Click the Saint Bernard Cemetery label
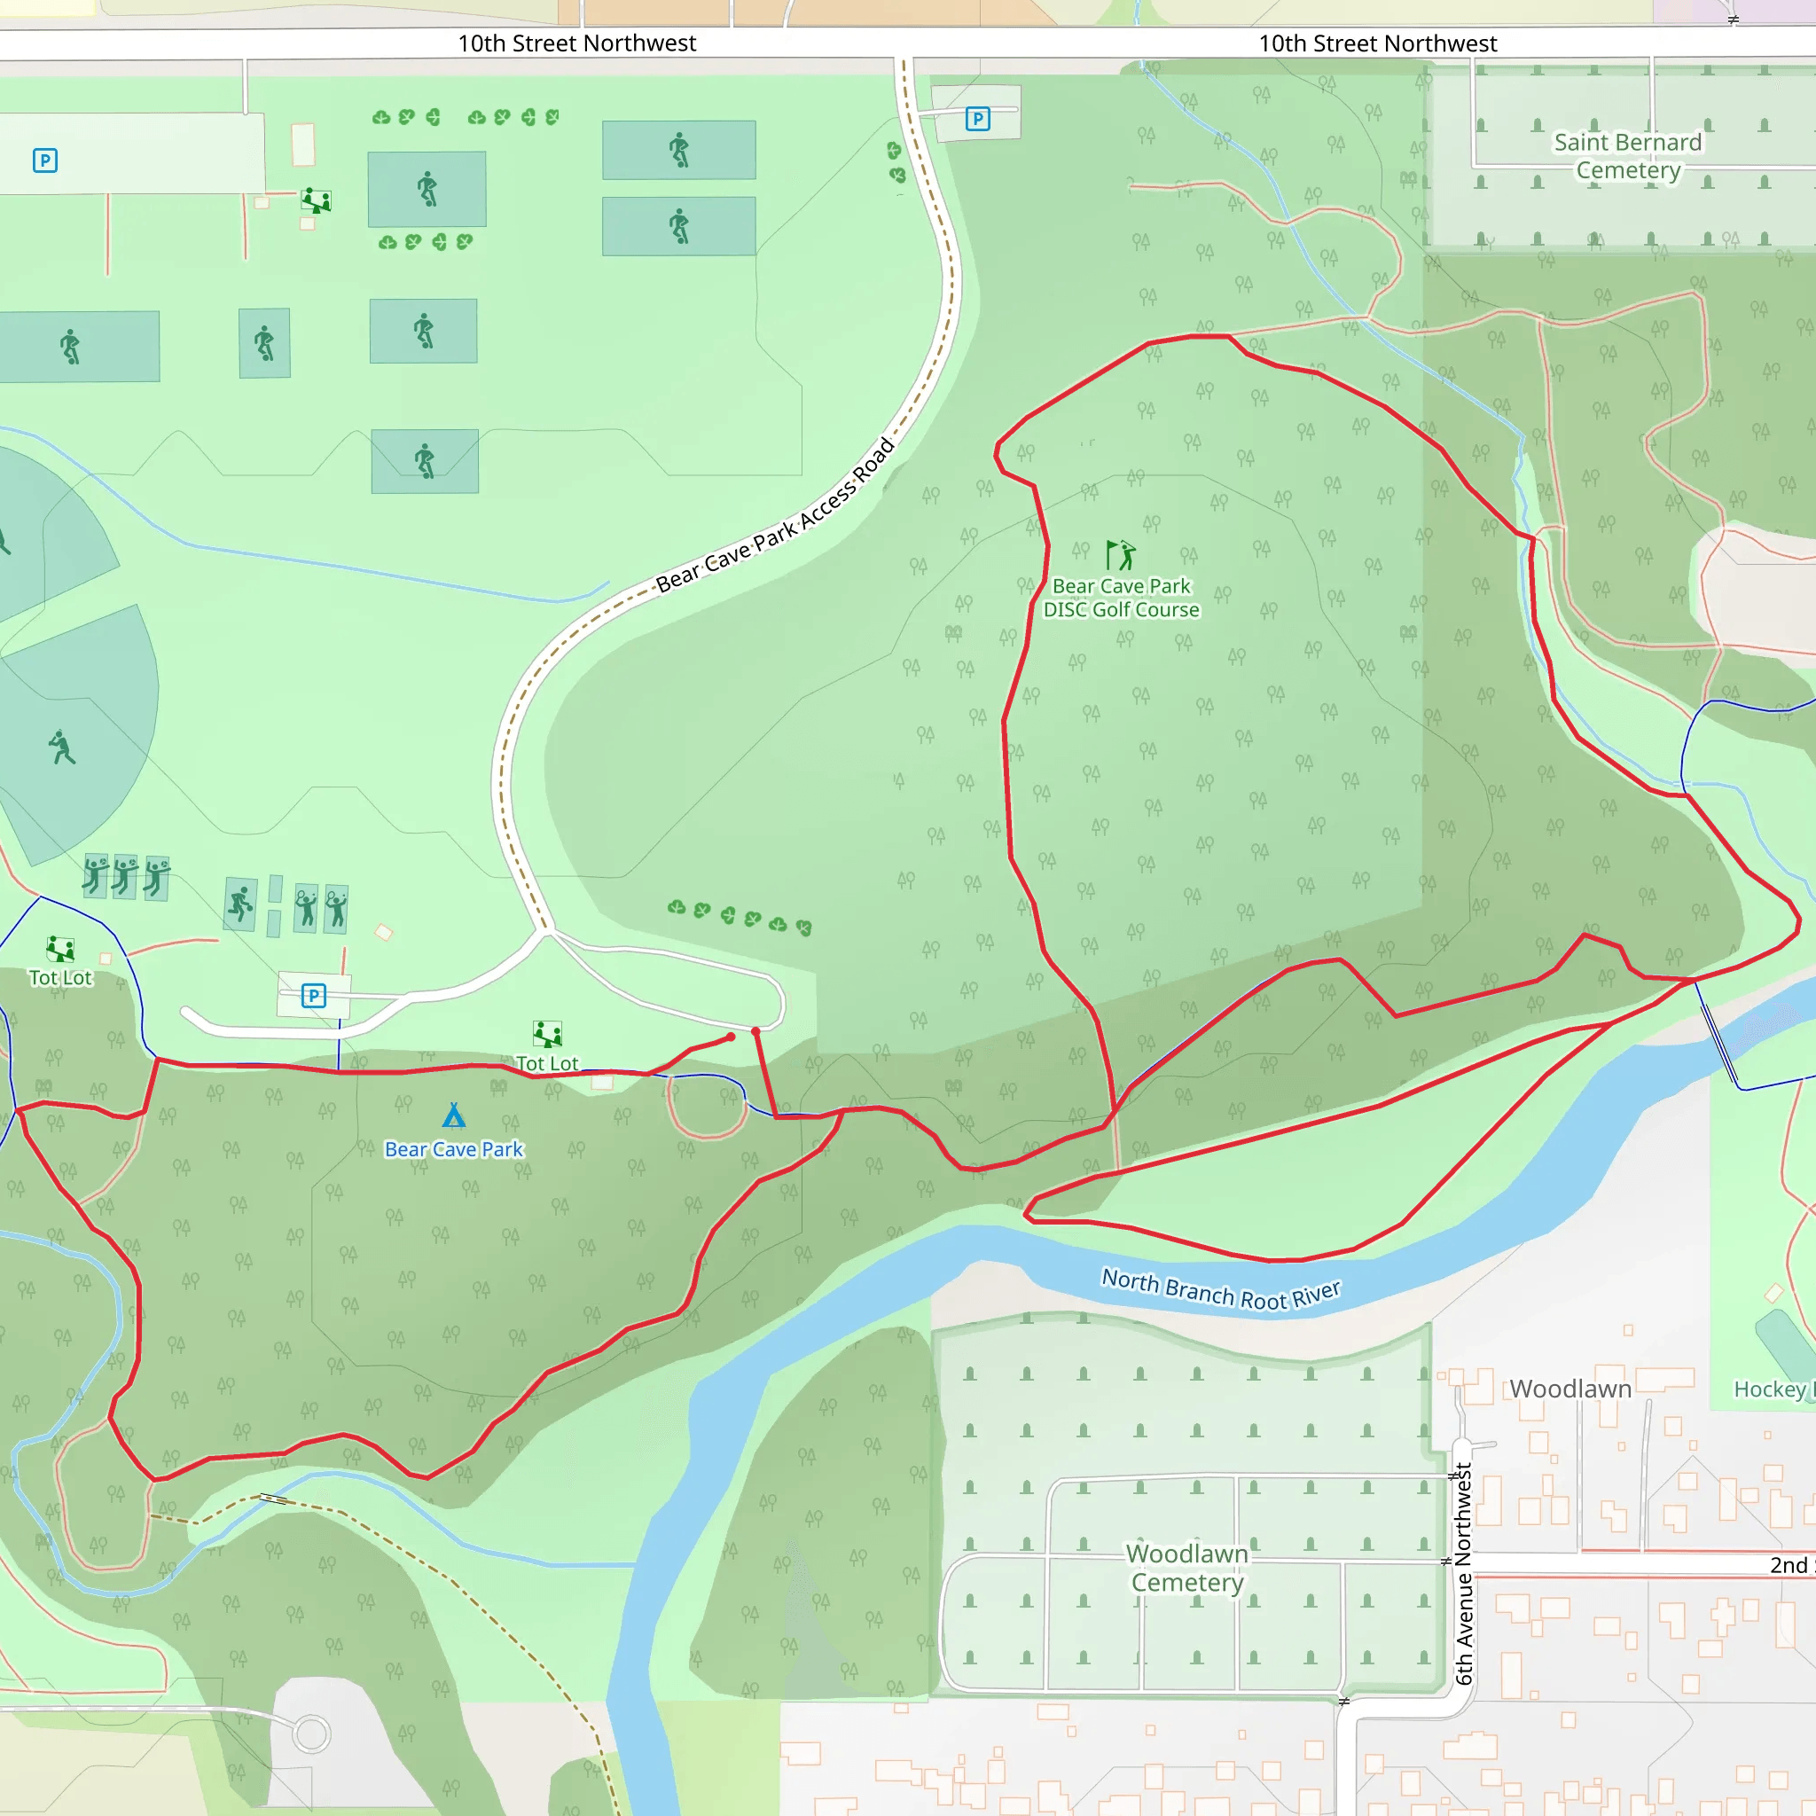tap(1627, 156)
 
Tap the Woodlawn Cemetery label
tap(1187, 1568)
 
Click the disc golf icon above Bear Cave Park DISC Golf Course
tap(1121, 554)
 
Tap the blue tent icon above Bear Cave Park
tap(454, 1115)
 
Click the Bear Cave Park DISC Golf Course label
tap(1121, 598)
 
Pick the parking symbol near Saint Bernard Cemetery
tap(977, 119)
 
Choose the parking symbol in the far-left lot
tap(45, 160)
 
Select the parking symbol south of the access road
tap(314, 996)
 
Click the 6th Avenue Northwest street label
tap(1463, 1575)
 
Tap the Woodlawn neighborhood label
tap(1569, 1389)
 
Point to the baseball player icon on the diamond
tap(62, 748)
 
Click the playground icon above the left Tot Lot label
tap(60, 949)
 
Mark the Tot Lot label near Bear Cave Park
tap(547, 1063)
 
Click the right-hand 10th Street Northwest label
tap(1377, 43)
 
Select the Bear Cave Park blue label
tap(454, 1149)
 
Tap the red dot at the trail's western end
tap(732, 1037)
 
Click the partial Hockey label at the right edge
tap(1771, 1389)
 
